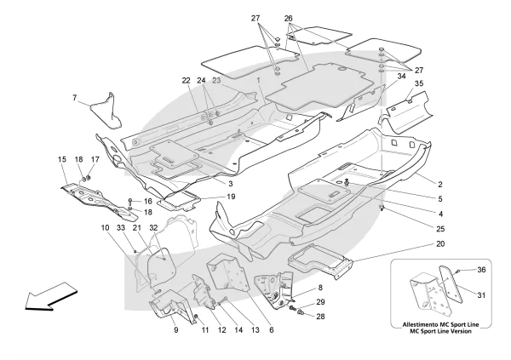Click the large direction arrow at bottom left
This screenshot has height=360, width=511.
[50, 296]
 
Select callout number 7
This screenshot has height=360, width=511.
[75, 98]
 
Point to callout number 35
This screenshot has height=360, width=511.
[419, 83]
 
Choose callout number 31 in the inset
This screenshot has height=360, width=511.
[481, 295]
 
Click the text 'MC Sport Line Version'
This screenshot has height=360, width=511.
[440, 331]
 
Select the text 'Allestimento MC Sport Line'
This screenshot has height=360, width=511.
[440, 324]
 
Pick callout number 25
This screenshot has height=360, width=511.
[440, 229]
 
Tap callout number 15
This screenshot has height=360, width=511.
[62, 159]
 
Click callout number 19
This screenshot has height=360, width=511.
[231, 197]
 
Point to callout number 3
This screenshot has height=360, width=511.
[231, 184]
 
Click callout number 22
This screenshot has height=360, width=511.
[186, 80]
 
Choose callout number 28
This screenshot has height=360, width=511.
[320, 317]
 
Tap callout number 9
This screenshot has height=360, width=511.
[176, 330]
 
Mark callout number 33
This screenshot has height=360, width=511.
[121, 228]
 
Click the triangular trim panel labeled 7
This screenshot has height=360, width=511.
[106, 111]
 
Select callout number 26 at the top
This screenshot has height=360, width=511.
[289, 18]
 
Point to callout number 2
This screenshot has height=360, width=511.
[440, 185]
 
